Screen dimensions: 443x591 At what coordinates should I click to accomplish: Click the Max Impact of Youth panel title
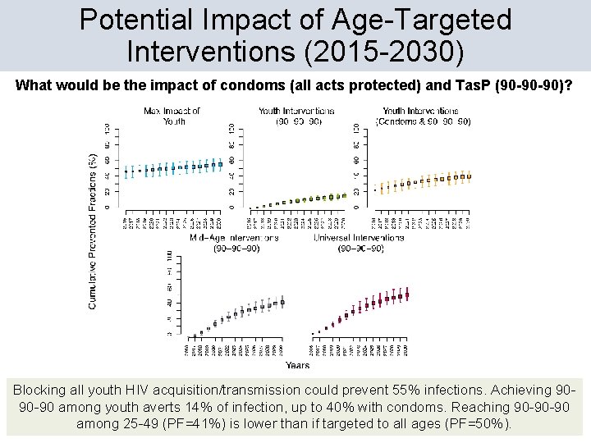(x=172, y=116)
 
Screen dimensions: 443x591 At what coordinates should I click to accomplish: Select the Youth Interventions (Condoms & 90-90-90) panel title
(x=424, y=116)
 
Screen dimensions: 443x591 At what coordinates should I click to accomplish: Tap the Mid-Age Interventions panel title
(x=234, y=243)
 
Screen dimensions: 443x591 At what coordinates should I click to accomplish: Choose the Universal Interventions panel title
(x=358, y=243)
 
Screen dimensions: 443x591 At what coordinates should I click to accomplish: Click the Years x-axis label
(x=297, y=365)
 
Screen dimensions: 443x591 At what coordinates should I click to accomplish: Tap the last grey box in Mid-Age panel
(x=282, y=303)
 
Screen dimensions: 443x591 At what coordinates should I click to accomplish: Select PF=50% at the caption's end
(x=480, y=424)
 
